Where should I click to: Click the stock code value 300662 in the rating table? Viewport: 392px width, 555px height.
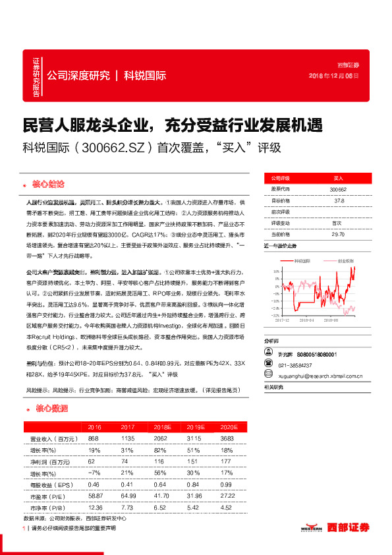coord(338,189)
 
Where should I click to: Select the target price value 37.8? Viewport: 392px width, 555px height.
coord(338,200)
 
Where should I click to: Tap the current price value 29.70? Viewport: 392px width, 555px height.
coord(338,234)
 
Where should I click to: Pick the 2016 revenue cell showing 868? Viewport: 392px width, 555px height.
coord(93,438)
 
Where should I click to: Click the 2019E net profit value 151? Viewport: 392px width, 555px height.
coord(194,461)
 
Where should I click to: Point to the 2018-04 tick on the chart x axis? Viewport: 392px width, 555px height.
coord(306,318)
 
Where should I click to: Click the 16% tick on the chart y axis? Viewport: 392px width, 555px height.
coord(270,271)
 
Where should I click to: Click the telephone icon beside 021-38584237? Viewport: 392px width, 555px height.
coord(267,365)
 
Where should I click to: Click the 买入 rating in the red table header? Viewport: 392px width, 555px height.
coord(338,178)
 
